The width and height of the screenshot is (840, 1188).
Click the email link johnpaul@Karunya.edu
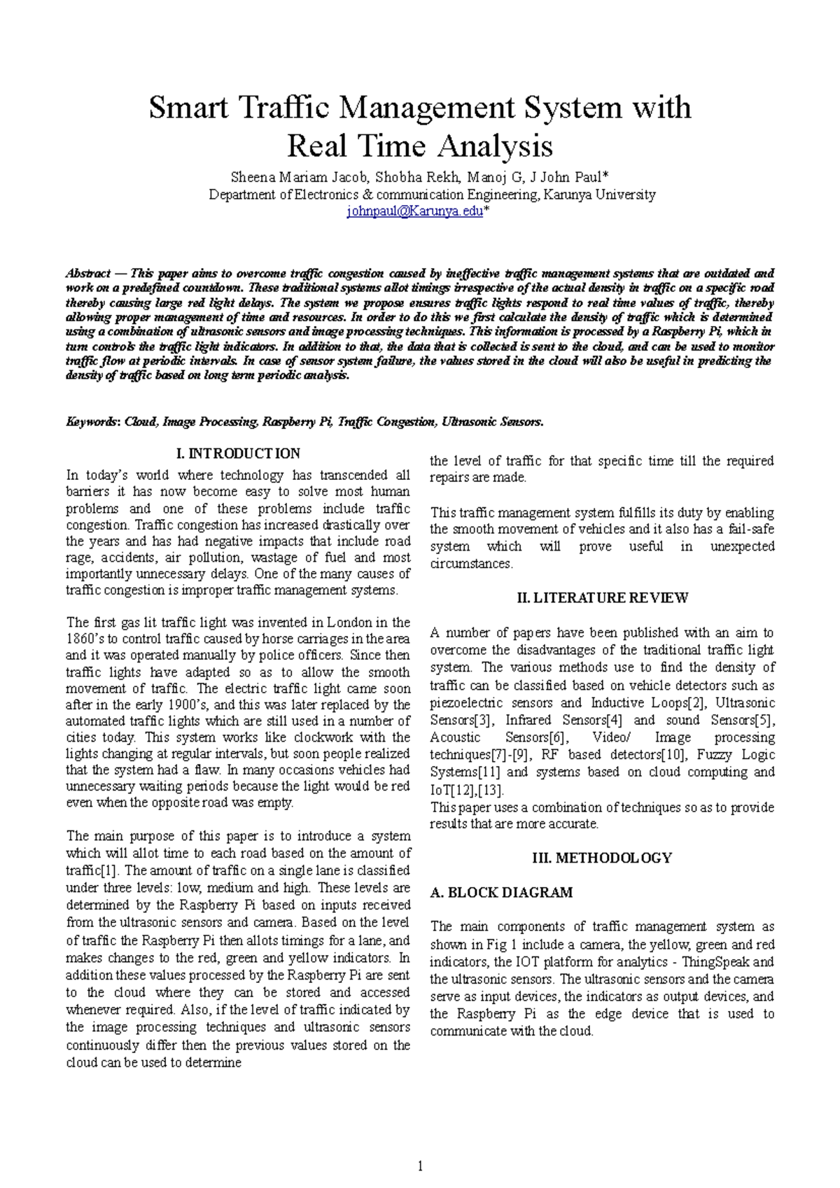415,211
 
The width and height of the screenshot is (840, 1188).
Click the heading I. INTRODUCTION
239,453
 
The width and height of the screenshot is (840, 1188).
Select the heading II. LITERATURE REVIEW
602,597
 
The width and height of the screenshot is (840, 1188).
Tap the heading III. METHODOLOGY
602,858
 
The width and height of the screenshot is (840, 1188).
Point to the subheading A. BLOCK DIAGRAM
501,893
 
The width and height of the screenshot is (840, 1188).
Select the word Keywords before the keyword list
93,422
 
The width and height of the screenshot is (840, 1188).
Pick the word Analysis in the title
496,146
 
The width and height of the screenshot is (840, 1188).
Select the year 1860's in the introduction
87,639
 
